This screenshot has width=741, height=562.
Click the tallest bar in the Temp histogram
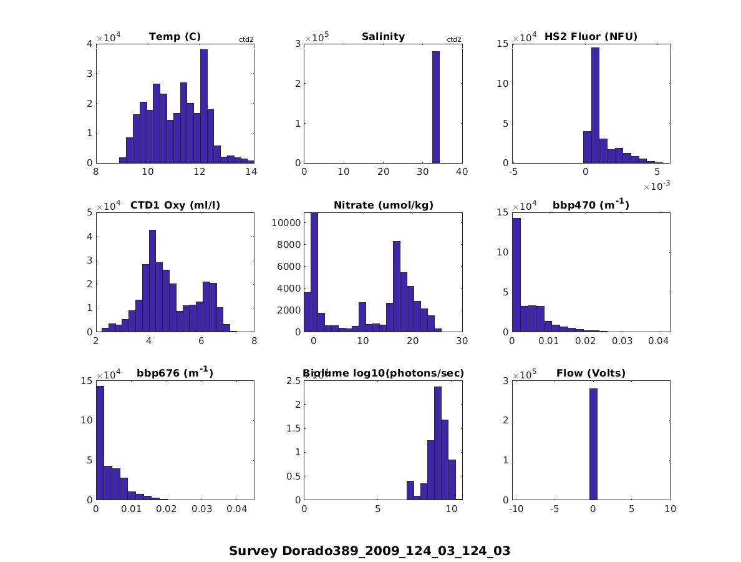pyautogui.click(x=203, y=106)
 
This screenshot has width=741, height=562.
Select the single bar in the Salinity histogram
pyautogui.click(x=435, y=107)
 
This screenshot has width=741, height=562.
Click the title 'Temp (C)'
pyautogui.click(x=175, y=37)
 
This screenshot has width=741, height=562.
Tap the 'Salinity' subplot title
pyautogui.click(x=383, y=37)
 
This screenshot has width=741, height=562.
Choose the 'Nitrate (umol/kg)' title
pyautogui.click(x=383, y=205)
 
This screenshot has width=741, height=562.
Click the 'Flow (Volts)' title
pyautogui.click(x=591, y=373)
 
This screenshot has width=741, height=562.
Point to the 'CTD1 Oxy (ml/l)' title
pyautogui.click(x=175, y=205)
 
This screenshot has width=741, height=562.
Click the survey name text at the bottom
pyautogui.click(x=369, y=551)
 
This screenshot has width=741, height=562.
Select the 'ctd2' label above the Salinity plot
pyautogui.click(x=453, y=40)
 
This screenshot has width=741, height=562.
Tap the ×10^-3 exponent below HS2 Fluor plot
pyautogui.click(x=656, y=187)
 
